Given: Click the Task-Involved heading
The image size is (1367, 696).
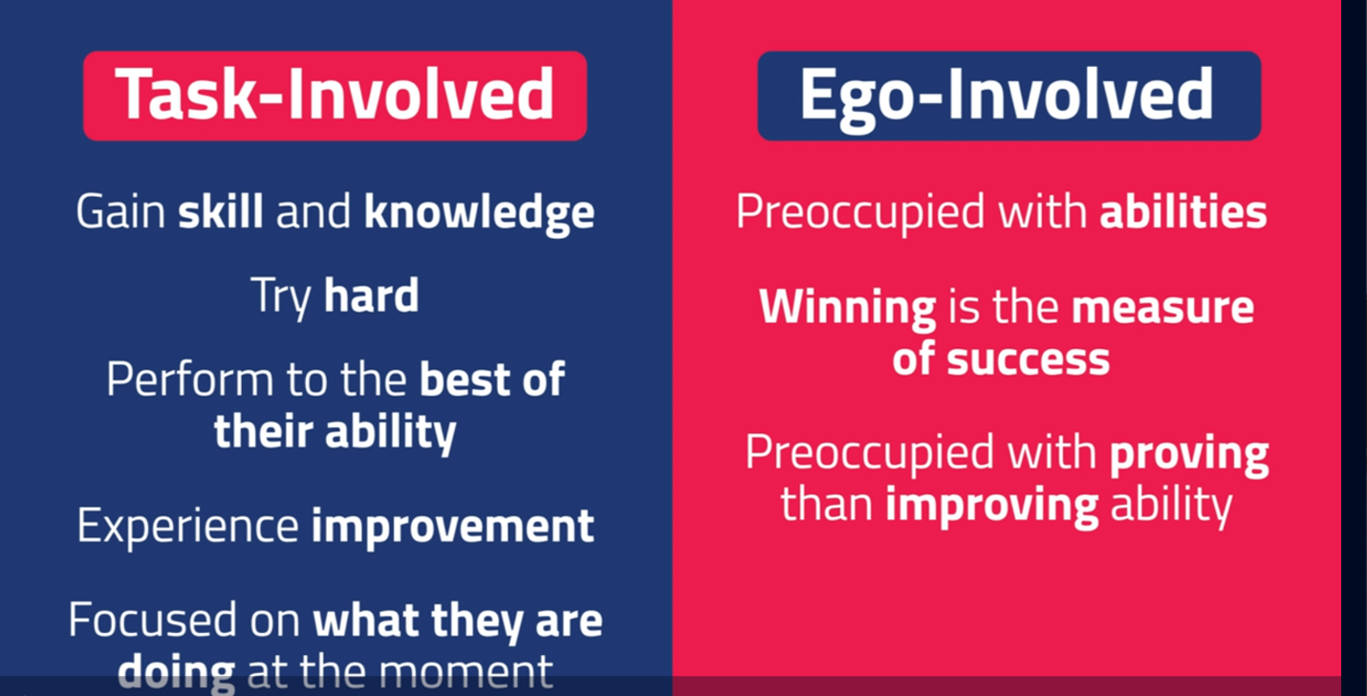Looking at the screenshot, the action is (335, 95).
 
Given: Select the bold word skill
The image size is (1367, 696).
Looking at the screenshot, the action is (221, 211).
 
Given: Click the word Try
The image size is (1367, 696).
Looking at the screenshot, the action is (281, 296).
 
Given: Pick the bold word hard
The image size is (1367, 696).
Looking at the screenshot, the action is (371, 295).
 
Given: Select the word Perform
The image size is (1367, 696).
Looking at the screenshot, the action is (190, 381).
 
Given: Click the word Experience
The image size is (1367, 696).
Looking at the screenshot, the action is (187, 526).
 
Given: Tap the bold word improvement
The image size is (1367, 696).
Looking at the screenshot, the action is (453, 526).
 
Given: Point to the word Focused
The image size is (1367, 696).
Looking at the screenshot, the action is (153, 620).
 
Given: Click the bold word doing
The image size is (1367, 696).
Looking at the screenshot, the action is (176, 674).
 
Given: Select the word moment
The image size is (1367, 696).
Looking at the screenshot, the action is (467, 674).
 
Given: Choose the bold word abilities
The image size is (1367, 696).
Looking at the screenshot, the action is (1183, 211).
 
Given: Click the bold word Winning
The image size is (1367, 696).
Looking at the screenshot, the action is (847, 308).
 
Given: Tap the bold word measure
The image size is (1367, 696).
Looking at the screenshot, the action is (1163, 307).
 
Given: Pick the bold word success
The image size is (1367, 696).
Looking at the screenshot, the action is (1029, 359).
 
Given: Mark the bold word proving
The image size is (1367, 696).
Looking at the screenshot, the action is (1189, 455).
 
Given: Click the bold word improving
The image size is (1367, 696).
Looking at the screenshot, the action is (991, 507).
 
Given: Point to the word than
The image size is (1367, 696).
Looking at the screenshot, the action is (827, 504).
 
